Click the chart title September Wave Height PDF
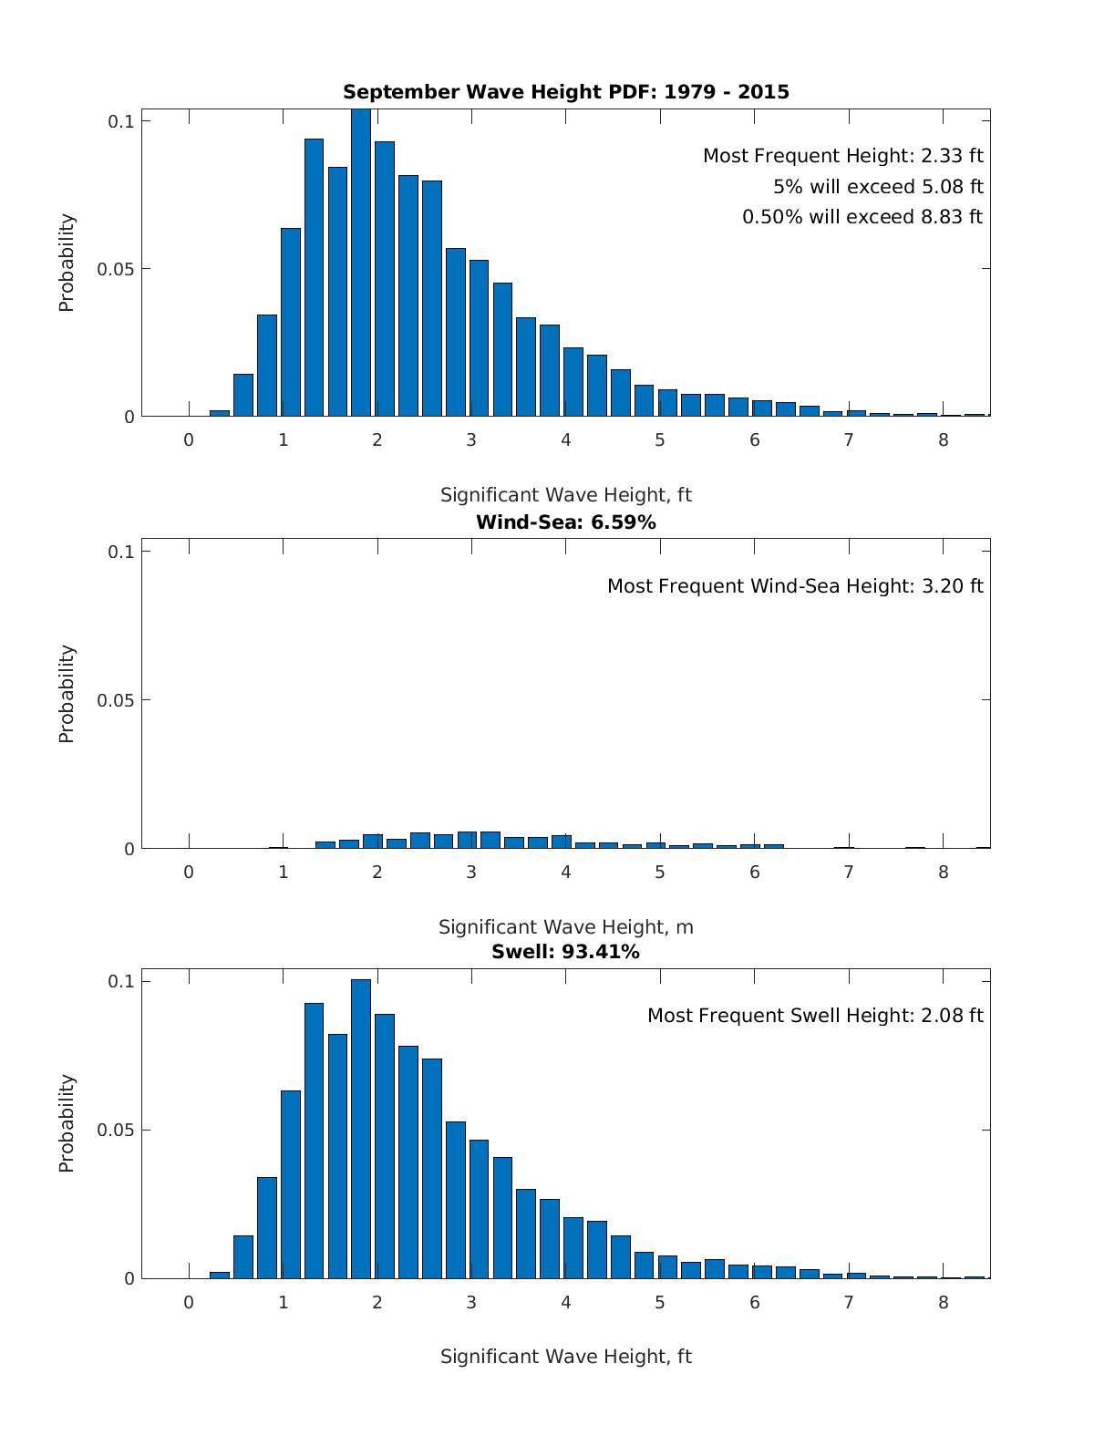click(565, 92)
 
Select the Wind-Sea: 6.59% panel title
click(565, 522)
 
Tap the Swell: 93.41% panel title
click(565, 952)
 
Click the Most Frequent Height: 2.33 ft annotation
click(842, 156)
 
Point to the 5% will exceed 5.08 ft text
click(878, 187)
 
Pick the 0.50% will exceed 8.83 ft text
click(862, 217)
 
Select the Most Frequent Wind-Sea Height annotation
click(795, 586)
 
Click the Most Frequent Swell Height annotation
click(815, 1016)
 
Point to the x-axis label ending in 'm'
click(565, 927)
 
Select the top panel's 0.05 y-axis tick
click(117, 269)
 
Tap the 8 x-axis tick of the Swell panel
click(943, 1303)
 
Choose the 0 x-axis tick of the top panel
click(189, 440)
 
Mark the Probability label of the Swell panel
click(67, 1123)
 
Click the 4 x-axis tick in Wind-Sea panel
click(565, 872)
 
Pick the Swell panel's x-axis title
click(565, 1357)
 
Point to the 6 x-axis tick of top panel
click(754, 440)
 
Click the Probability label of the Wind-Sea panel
click(67, 694)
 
